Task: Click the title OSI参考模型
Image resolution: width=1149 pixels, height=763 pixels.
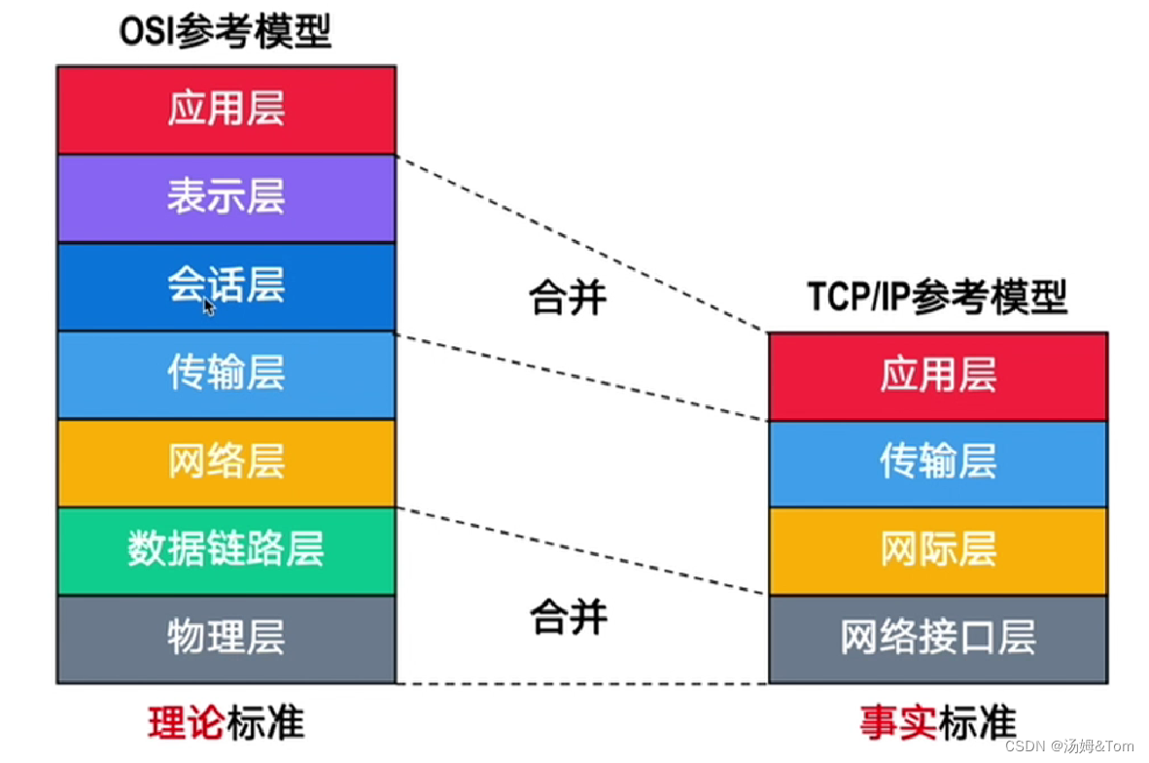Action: click(226, 31)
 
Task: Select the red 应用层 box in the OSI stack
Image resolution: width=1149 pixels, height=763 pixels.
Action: click(226, 110)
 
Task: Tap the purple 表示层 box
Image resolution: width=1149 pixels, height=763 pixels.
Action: click(226, 198)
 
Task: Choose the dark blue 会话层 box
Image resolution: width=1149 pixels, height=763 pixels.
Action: click(226, 287)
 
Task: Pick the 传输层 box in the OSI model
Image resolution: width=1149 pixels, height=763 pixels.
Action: click(226, 375)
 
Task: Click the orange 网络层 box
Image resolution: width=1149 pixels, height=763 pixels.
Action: click(226, 463)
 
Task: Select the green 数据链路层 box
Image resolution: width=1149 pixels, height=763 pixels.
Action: click(226, 551)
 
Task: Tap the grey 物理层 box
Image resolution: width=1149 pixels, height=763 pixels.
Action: click(226, 639)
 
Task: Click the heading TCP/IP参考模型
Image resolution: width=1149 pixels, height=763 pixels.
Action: click(937, 297)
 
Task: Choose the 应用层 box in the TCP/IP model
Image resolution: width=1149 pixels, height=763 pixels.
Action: click(938, 376)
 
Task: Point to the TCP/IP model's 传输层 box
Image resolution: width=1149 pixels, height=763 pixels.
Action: click(938, 464)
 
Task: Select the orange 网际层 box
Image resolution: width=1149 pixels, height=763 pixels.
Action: click(938, 551)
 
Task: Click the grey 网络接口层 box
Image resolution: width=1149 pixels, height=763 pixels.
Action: click(938, 639)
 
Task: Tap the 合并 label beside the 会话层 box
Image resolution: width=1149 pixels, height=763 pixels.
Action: click(568, 297)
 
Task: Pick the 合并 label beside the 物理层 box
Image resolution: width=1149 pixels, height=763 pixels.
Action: click(568, 617)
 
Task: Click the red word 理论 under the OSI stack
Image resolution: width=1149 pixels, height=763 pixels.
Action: click(186, 724)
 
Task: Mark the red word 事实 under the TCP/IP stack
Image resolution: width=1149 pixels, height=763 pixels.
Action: click(897, 724)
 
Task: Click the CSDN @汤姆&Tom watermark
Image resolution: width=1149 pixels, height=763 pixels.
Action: click(1069, 746)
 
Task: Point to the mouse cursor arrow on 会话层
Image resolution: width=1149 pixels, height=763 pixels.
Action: click(209, 306)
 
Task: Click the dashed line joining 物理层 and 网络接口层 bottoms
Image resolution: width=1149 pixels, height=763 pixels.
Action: click(581, 684)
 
